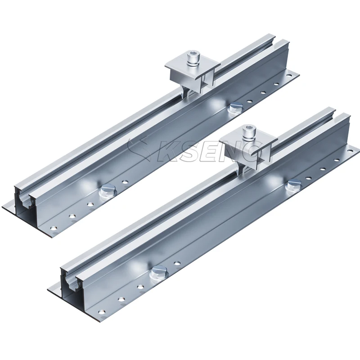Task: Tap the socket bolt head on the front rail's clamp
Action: tap(249, 132)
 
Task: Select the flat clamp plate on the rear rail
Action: tap(192, 67)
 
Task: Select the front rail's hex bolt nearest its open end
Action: tap(158, 272)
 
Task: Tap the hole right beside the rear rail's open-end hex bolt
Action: tap(124, 183)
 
